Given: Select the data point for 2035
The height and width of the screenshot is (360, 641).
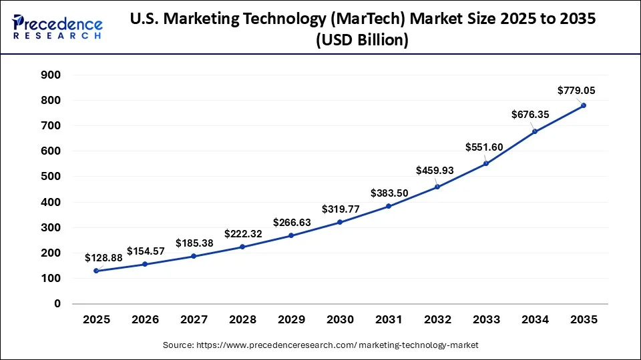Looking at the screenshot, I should (x=584, y=105).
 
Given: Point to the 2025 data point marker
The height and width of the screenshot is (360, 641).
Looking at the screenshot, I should (x=96, y=271).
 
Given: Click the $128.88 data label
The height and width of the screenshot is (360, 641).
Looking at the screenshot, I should (x=103, y=257).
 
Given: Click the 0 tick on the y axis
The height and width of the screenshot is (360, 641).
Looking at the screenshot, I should (x=57, y=304).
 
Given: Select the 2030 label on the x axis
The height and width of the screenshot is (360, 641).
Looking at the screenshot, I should (x=340, y=320).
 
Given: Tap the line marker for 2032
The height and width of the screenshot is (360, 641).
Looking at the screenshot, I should (x=437, y=187).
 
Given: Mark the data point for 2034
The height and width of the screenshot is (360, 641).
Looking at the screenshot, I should (x=535, y=131).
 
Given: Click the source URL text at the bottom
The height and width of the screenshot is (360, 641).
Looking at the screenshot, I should (x=320, y=345).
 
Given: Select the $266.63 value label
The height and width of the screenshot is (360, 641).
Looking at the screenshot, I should (x=292, y=222).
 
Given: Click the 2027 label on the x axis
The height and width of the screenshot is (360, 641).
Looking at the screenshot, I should (x=194, y=320).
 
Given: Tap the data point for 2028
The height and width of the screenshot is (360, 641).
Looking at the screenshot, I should (x=242, y=247).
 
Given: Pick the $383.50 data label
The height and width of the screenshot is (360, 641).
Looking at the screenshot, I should (x=389, y=193).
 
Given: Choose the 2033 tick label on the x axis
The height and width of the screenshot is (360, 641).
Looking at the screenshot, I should (x=486, y=320).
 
